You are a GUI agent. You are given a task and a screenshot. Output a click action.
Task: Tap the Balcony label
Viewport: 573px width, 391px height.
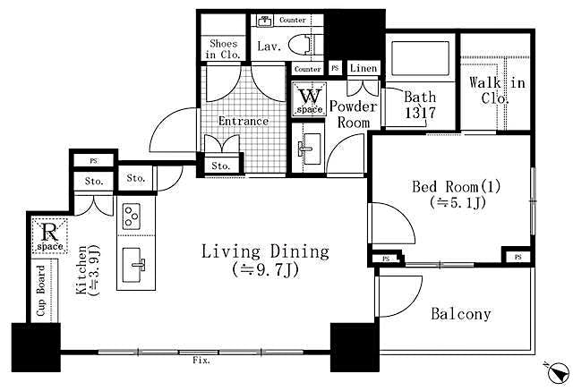pos(461,314)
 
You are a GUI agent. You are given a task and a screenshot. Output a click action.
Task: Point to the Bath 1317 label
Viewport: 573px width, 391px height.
pos(418,105)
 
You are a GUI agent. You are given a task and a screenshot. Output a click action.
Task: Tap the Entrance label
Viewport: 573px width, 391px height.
pos(244,121)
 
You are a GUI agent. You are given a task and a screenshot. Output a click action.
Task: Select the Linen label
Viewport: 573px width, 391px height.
pos(363,68)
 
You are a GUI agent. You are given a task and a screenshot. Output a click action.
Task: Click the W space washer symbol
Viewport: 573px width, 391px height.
pos(310,98)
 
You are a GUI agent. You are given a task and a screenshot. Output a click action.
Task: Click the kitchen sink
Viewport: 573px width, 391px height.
pos(138,264)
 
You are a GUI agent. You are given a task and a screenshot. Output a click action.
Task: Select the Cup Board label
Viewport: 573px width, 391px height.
pos(41,291)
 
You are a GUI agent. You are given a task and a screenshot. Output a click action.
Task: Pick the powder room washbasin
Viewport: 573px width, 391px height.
pos(310,143)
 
